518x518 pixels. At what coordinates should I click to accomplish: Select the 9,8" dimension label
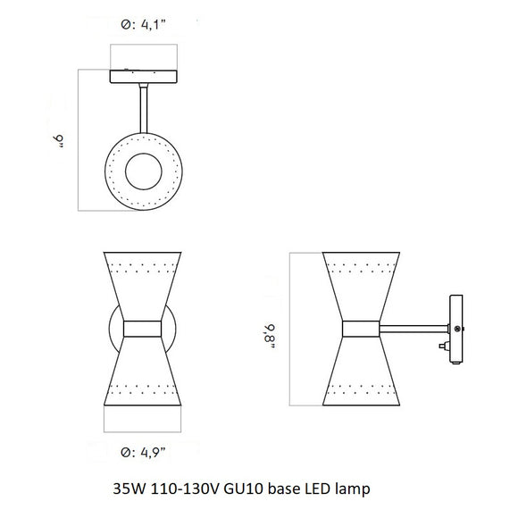coord(268,330)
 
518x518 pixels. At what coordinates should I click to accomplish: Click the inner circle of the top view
coord(144,171)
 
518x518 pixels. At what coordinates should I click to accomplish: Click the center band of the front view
coord(144,329)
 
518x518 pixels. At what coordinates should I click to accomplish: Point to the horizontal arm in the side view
coord(418,328)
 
